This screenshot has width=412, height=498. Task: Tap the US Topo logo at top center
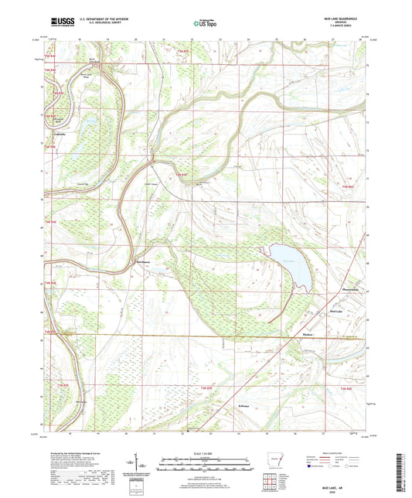coord(204,24)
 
